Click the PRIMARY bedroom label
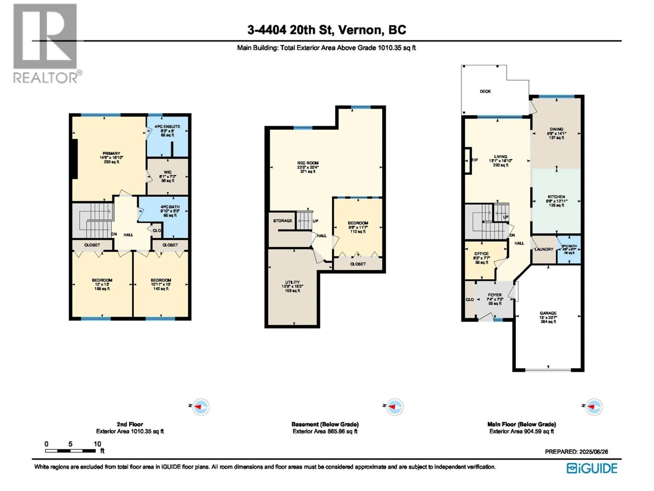pos(111,154)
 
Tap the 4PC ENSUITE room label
pos(167,127)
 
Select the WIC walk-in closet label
pos(168,172)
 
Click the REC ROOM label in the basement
pos(308,163)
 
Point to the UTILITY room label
pos(292,282)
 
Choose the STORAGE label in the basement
pos(282,221)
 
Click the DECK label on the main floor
pos(485,91)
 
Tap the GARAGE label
pos(548,313)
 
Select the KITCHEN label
pos(556,197)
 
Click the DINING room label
pos(556,129)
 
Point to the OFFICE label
pos(482,254)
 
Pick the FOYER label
pos(495,295)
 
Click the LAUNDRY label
pos(544,249)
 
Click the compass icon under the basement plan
pos(395,407)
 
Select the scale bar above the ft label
pos(70,451)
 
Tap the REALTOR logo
pos(45,43)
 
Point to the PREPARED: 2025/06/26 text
pos(576,452)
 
